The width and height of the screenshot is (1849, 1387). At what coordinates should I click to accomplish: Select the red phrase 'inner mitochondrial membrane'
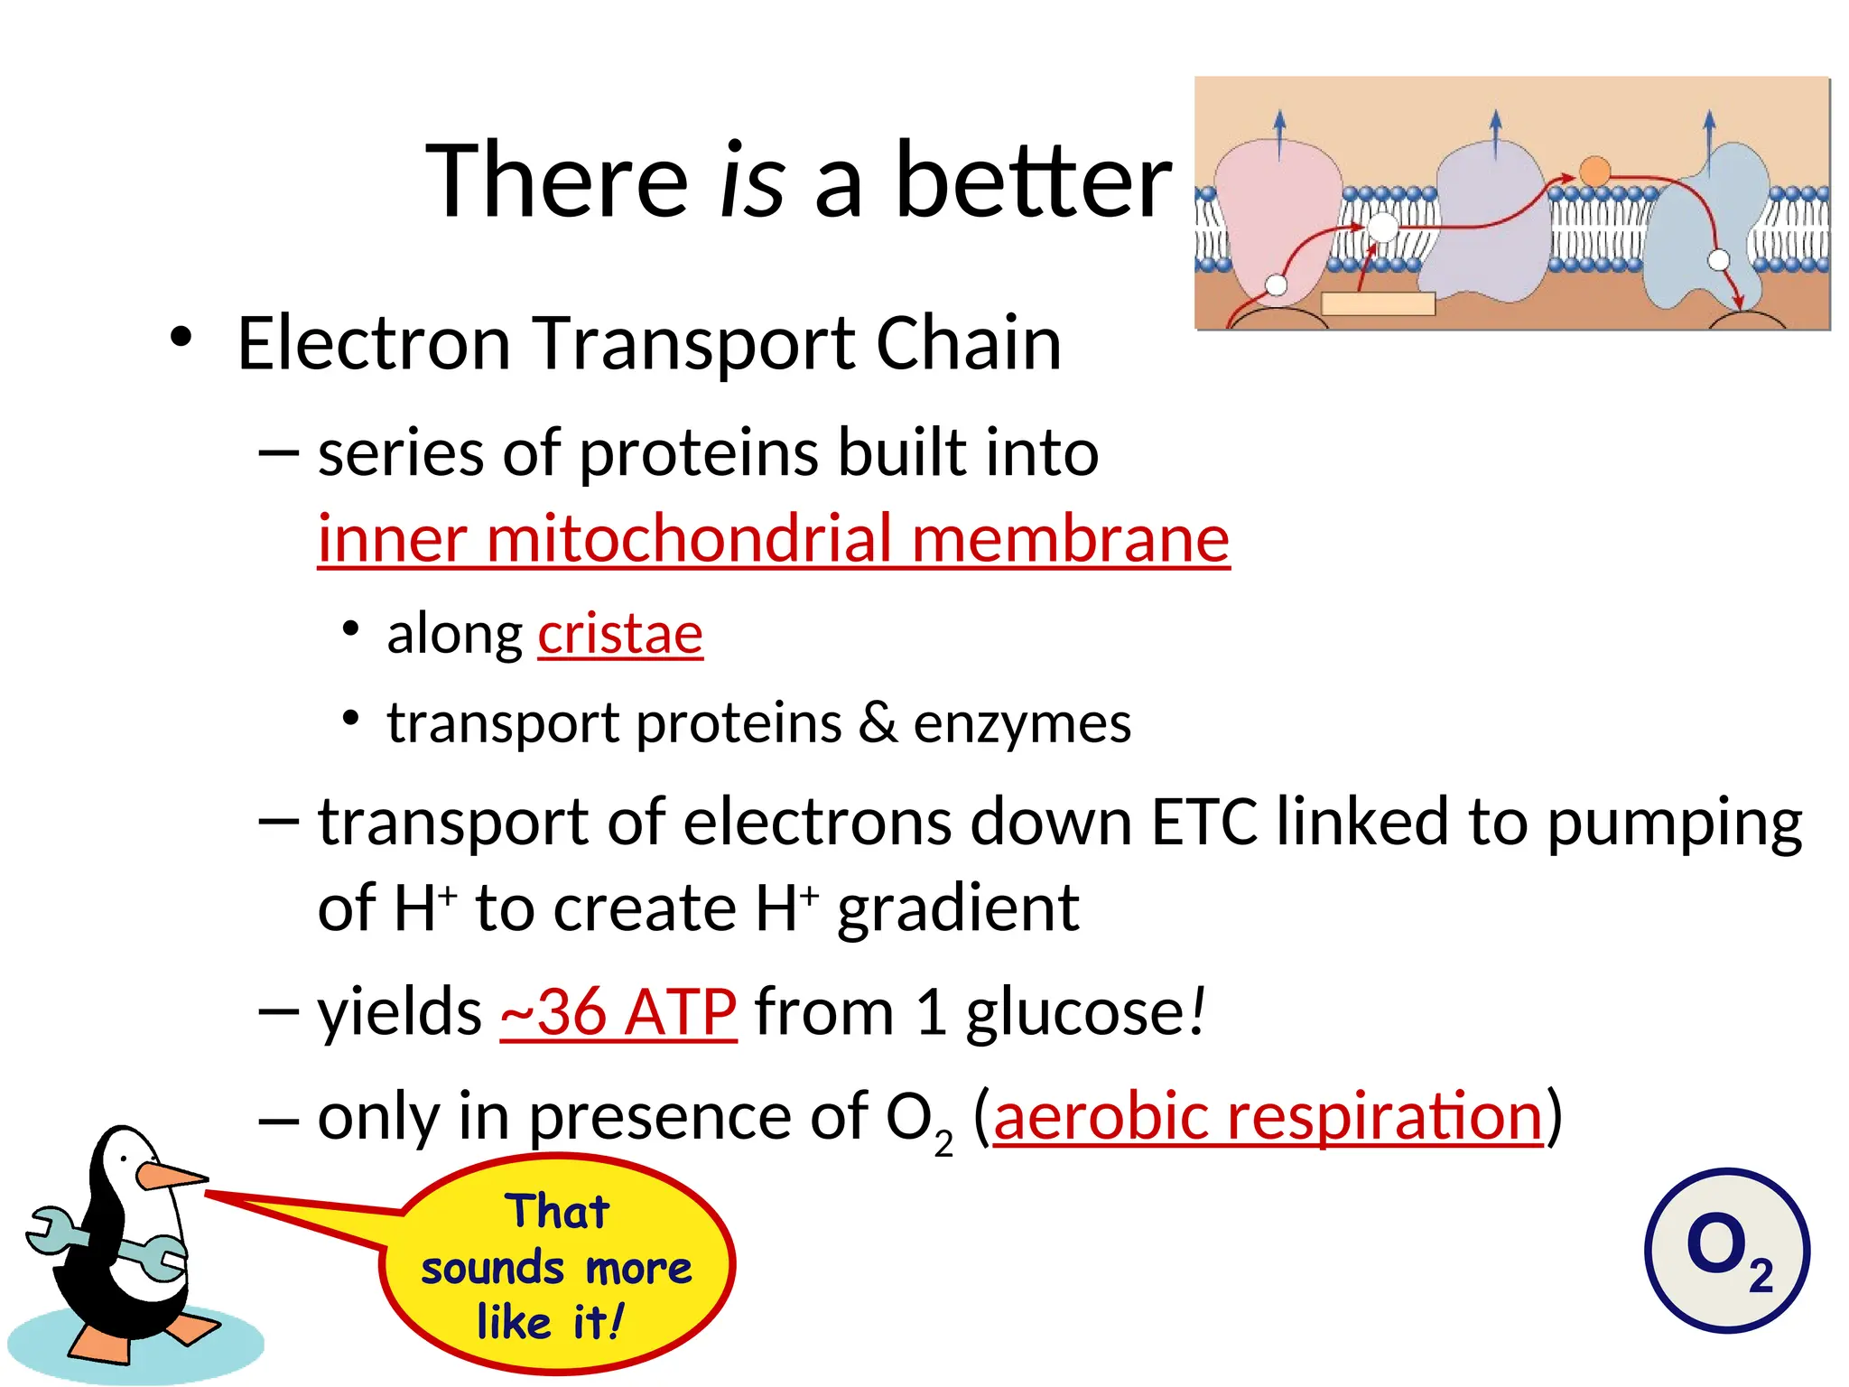coord(773,539)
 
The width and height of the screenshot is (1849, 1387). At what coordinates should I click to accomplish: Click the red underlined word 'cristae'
coord(620,634)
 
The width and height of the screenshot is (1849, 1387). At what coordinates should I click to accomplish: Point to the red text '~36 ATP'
coord(618,1012)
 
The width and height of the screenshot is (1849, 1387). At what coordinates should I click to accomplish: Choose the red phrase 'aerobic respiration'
coord(1268,1117)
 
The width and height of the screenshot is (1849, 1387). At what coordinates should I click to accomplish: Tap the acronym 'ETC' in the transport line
coord(1203,823)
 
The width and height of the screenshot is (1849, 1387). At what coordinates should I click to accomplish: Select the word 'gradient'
coord(958,908)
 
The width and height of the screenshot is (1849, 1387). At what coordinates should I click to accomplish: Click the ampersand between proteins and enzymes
coord(878,722)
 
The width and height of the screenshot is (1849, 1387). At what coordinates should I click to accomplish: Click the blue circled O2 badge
coord(1726,1251)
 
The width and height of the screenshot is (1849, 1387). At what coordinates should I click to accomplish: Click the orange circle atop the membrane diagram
coord(1594,172)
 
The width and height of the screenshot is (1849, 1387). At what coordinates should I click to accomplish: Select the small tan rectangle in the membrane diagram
coord(1378,303)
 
